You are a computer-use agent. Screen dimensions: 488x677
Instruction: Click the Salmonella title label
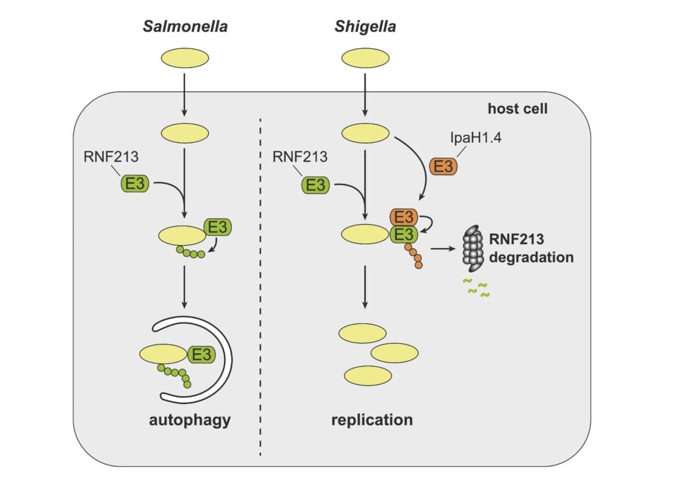pyautogui.click(x=186, y=28)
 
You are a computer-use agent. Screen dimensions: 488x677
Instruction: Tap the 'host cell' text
pyautogui.click(x=517, y=108)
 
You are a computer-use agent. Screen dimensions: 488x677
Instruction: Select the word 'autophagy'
pyautogui.click(x=189, y=420)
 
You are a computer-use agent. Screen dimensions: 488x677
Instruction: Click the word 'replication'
pyautogui.click(x=372, y=420)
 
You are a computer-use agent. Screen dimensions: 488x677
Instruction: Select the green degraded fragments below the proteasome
pyautogui.click(x=474, y=288)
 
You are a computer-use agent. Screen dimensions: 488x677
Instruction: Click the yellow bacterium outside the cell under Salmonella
pyautogui.click(x=186, y=58)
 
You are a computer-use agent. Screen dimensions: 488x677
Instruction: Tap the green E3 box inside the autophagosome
pyautogui.click(x=201, y=355)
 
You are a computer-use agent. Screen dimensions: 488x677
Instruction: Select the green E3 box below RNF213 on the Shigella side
pyautogui.click(x=315, y=184)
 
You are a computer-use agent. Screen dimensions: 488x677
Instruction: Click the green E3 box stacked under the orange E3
pyautogui.click(x=403, y=233)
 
